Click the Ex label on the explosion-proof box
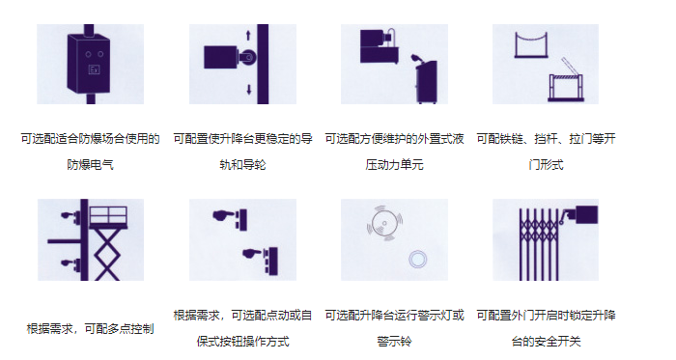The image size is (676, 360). click(94, 69)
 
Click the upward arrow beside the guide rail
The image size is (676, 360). click(248, 36)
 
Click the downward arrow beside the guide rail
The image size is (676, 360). click(249, 90)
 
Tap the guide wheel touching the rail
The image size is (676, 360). click(248, 57)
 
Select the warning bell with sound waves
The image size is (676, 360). click(384, 223)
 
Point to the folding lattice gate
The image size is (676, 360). click(539, 244)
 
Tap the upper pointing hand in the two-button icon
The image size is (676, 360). click(223, 214)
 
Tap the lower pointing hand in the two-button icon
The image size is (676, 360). click(253, 254)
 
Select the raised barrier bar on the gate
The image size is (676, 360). click(569, 68)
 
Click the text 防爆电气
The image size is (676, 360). click(90, 165)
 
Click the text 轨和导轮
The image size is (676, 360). click(242, 165)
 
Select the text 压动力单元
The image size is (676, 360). click(394, 165)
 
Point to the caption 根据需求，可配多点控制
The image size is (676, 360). click(90, 329)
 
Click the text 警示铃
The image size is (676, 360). click(394, 342)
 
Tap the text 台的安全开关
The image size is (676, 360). click(547, 342)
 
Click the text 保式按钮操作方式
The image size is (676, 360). click(242, 342)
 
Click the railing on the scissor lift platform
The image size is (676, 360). click(108, 215)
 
